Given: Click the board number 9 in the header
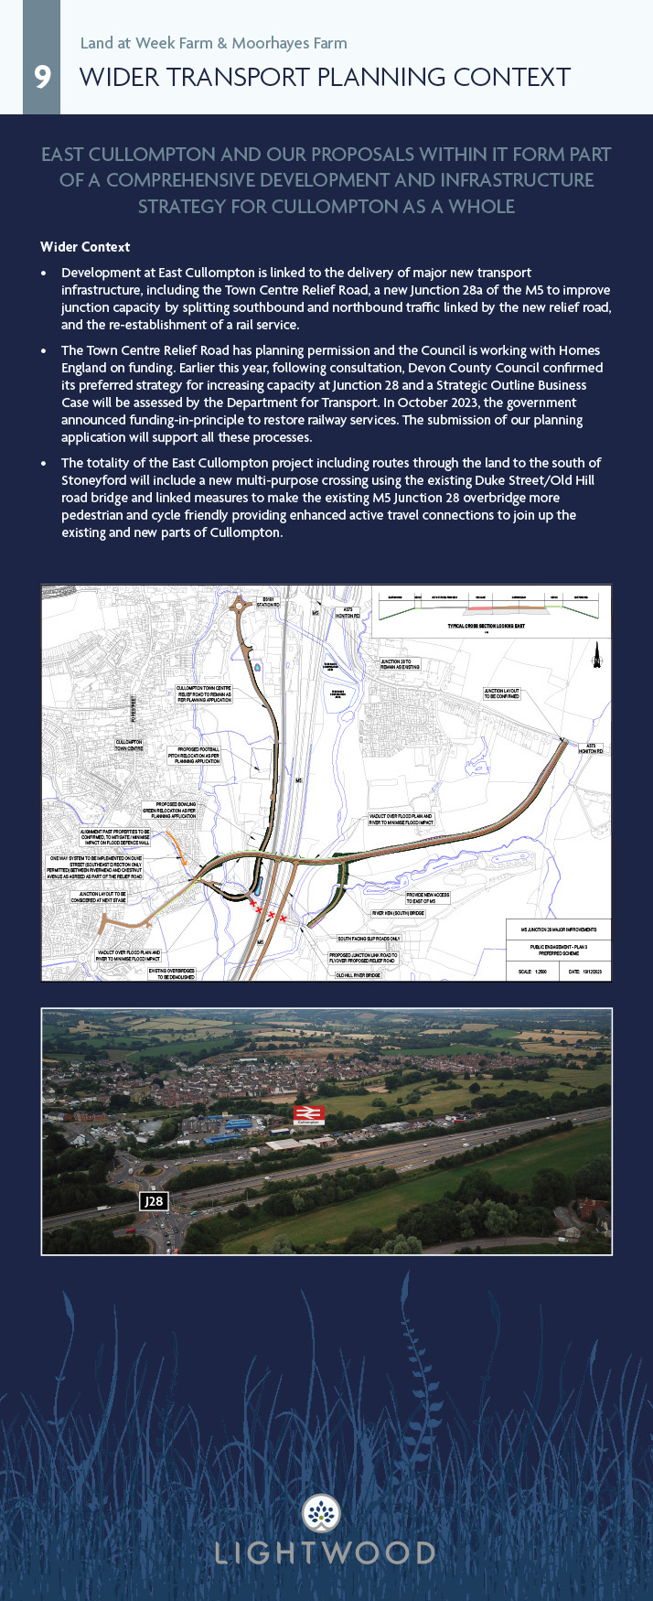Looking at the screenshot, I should point(42,77).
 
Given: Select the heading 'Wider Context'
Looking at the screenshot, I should point(85,247).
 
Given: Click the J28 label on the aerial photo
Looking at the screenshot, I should point(154,1200).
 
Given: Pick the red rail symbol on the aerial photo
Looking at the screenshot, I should point(307,1113).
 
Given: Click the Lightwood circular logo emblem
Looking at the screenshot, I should point(321,1514).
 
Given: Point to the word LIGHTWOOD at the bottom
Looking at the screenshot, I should point(326,1553).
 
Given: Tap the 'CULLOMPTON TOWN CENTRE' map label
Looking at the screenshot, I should point(129,745).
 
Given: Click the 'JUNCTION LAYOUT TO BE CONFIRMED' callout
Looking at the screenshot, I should point(502,694).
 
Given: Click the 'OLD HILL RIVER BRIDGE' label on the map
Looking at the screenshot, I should point(358,975).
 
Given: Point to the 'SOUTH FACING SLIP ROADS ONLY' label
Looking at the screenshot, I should point(369,939).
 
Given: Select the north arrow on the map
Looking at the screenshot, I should point(596,654).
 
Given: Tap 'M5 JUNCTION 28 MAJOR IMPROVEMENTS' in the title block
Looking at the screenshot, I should point(559,929).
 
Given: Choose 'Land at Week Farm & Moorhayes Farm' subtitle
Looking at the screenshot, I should point(213,43).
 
